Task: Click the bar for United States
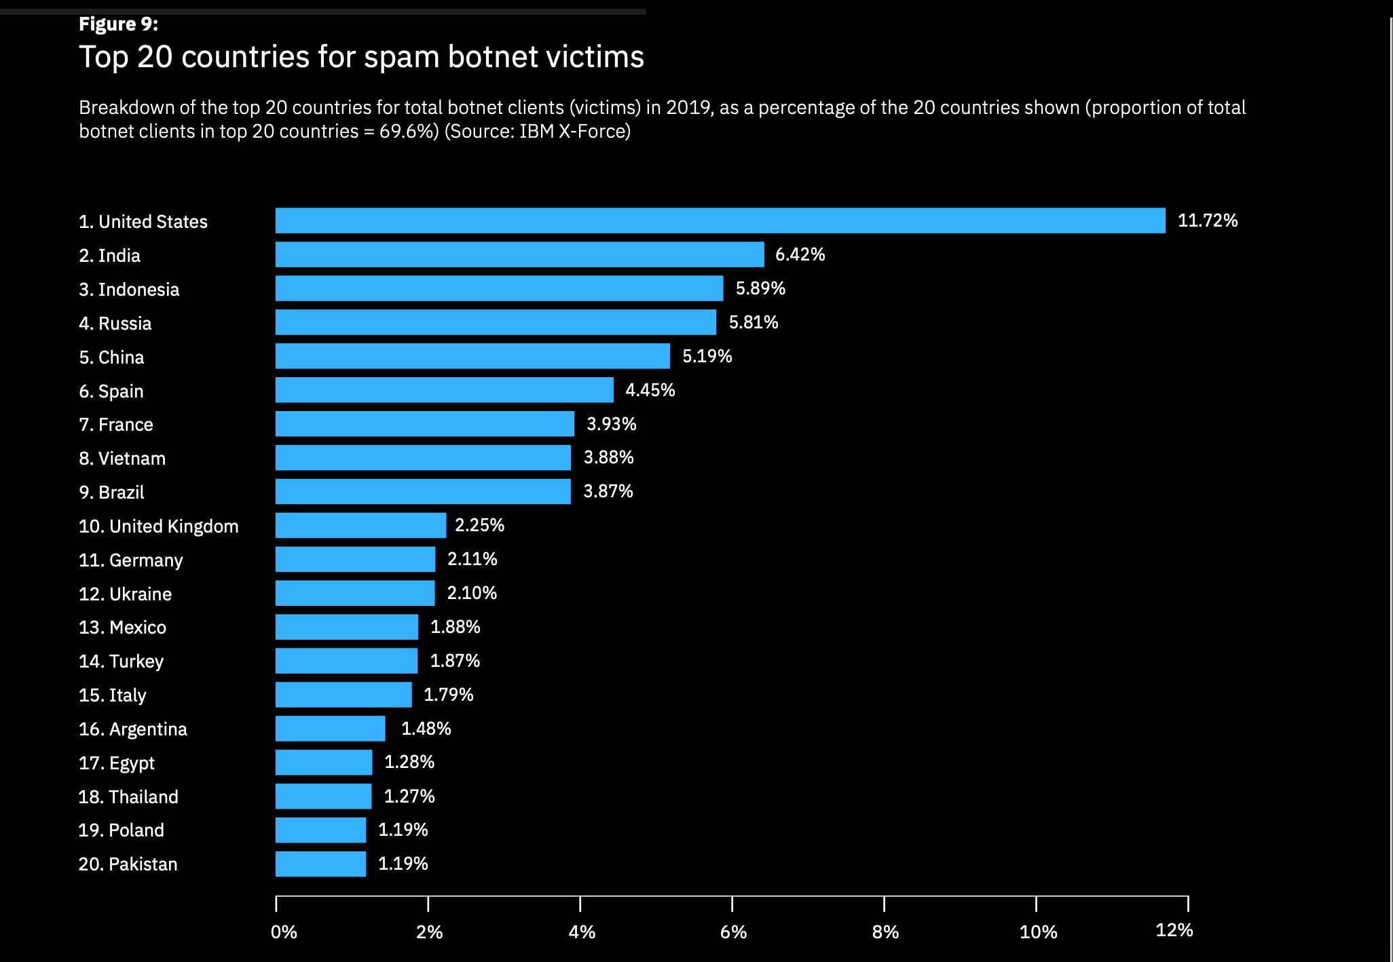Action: pyautogui.click(x=720, y=220)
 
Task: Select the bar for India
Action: pyautogui.click(x=519, y=254)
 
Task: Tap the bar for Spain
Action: pyautogui.click(x=444, y=390)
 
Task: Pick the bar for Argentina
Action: pyautogui.click(x=330, y=729)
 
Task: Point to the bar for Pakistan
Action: pyautogui.click(x=320, y=864)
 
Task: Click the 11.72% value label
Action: pyautogui.click(x=1208, y=220)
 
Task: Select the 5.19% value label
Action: pyautogui.click(x=707, y=356)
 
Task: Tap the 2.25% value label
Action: pyautogui.click(x=479, y=525)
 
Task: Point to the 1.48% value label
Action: pyautogui.click(x=426, y=729)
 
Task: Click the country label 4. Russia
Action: pyautogui.click(x=115, y=323)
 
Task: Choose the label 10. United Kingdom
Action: pyautogui.click(x=158, y=526)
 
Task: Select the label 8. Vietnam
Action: pyautogui.click(x=122, y=459)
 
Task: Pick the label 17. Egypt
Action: pyautogui.click(x=117, y=763)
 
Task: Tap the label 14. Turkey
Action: pyautogui.click(x=121, y=661)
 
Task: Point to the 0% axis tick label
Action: pyautogui.click(x=284, y=931)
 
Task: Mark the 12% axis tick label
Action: pyautogui.click(x=1174, y=930)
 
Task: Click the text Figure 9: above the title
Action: pyautogui.click(x=118, y=24)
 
